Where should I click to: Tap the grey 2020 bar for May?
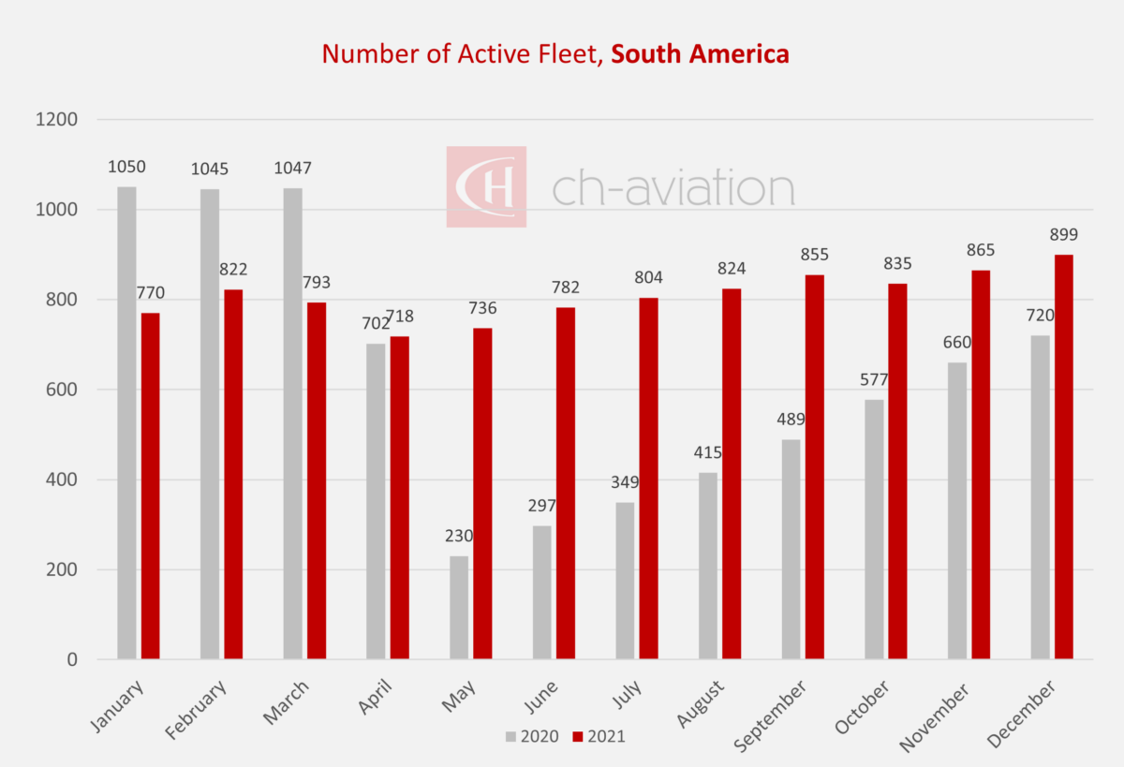point(459,608)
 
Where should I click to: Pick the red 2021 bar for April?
point(400,497)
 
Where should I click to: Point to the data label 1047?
point(292,169)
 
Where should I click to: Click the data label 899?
point(1064,236)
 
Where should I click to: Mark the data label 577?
point(873,380)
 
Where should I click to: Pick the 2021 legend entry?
point(599,736)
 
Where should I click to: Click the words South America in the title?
point(700,54)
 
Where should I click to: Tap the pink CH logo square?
point(485,186)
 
